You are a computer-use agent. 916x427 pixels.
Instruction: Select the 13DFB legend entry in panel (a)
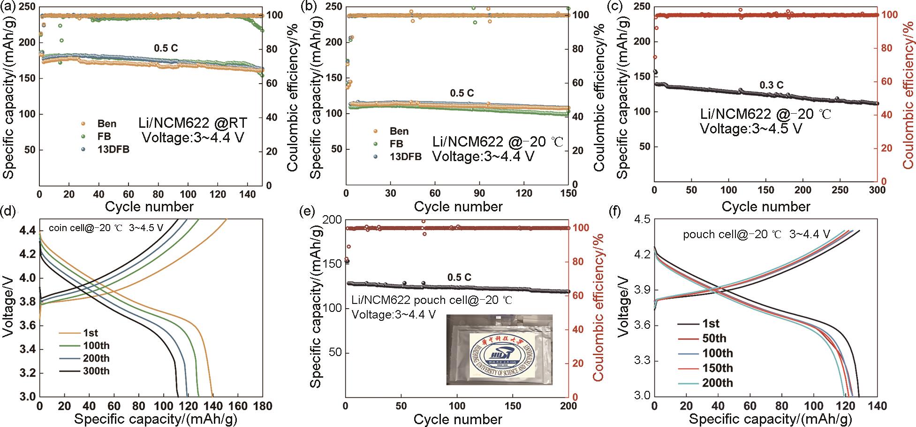point(113,149)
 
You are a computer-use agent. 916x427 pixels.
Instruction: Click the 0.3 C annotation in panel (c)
point(771,85)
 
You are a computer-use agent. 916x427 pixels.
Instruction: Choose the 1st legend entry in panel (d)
point(91,333)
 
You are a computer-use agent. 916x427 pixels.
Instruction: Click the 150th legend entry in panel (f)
point(717,368)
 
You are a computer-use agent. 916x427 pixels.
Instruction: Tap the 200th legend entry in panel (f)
point(717,383)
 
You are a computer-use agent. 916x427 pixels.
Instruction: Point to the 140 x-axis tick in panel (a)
point(248,195)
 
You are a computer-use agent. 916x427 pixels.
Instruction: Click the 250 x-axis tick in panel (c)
point(840,190)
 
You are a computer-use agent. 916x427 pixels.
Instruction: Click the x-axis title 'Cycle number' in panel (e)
point(458,419)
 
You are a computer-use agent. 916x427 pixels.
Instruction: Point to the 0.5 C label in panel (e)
point(459,277)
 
